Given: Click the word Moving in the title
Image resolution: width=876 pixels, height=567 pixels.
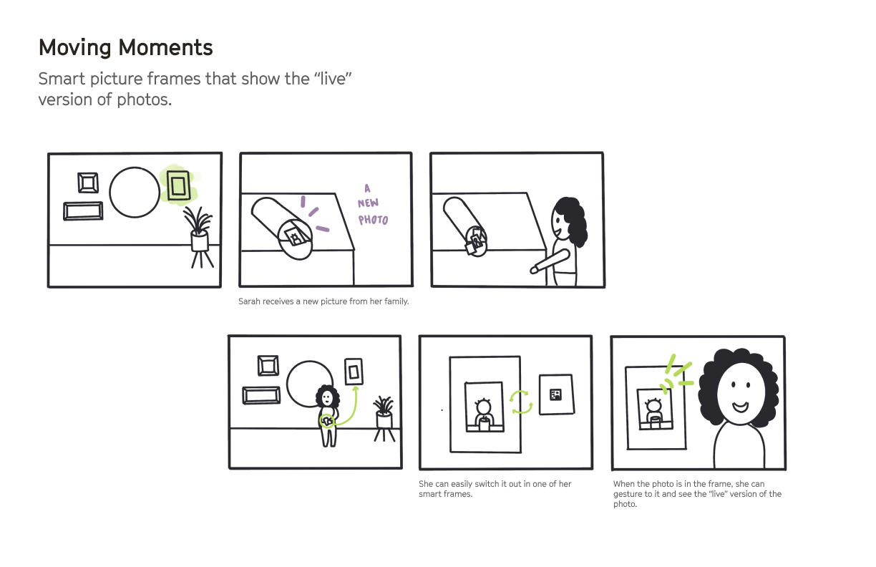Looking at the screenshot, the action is coord(75,48).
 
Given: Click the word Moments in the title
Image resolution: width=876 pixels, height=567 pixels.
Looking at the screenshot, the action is coord(165,48).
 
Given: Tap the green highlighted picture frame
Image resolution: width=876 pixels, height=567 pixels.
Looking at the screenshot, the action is coord(178,185).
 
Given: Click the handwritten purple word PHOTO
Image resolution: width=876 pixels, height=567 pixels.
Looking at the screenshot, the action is coord(373,220).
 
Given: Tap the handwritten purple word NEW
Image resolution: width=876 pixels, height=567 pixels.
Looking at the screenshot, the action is coord(368,203).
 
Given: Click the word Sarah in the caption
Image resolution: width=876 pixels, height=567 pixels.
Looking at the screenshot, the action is coord(250,301).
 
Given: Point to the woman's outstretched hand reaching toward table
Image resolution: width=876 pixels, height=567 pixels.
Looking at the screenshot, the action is coord(534,270).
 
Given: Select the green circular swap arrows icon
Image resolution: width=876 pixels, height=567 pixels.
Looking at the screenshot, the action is coord(521,402).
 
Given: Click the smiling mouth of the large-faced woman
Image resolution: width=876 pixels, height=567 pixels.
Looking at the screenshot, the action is coord(740,407).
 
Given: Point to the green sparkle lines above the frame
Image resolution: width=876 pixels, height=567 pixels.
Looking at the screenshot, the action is coord(676,374).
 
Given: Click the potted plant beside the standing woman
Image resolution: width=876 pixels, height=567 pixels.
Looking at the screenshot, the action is coord(384,419).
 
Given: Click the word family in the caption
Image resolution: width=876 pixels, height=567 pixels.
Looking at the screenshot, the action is coord(396,301).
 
